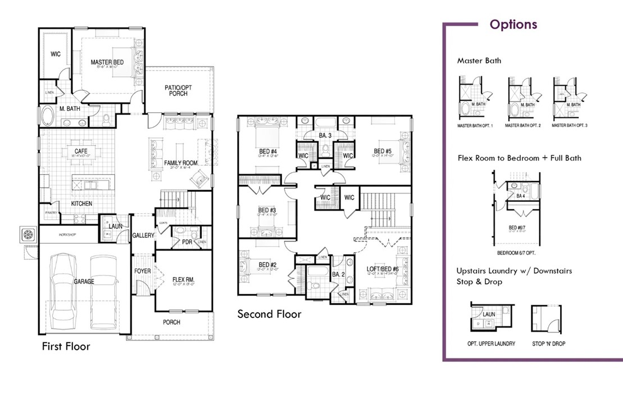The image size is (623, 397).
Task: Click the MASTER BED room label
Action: click(x=107, y=62)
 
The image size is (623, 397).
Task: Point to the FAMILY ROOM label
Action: click(x=181, y=163)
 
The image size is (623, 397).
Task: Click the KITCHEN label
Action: click(x=81, y=203)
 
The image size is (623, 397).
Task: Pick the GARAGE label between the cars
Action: click(x=84, y=281)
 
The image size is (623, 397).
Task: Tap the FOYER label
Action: click(x=143, y=271)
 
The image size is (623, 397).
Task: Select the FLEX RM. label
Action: click(x=184, y=279)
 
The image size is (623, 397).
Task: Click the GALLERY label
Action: click(x=143, y=236)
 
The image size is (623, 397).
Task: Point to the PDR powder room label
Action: click(x=187, y=242)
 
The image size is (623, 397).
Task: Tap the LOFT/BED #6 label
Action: click(x=384, y=269)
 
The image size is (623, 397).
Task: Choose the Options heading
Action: click(x=513, y=25)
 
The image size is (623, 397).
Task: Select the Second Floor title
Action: click(x=269, y=314)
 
